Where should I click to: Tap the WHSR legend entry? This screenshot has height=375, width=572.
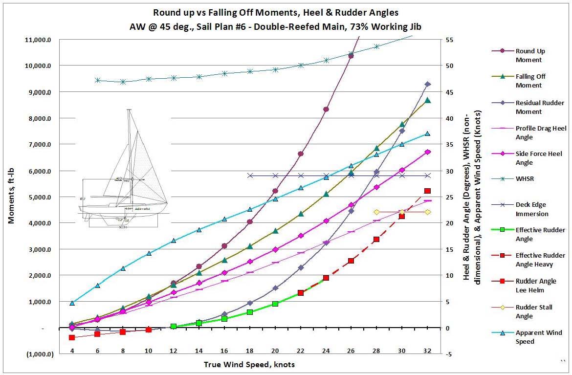pyautogui.click(x=525, y=179)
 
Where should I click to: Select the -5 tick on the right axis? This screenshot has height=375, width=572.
pyautogui.click(x=449, y=354)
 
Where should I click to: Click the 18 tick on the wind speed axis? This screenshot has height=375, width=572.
pyautogui.click(x=250, y=351)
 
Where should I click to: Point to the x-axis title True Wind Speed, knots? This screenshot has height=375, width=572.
pyautogui.click(x=249, y=365)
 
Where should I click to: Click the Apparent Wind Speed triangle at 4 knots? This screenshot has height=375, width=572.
pyautogui.click(x=72, y=303)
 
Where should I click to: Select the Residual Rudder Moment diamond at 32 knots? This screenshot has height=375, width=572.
pyautogui.click(x=428, y=84)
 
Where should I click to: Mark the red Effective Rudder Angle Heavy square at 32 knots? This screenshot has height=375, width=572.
pyautogui.click(x=428, y=191)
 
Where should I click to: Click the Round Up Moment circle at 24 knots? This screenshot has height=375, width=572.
pyautogui.click(x=326, y=109)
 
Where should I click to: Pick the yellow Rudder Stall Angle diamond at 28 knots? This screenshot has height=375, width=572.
pyautogui.click(x=376, y=212)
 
